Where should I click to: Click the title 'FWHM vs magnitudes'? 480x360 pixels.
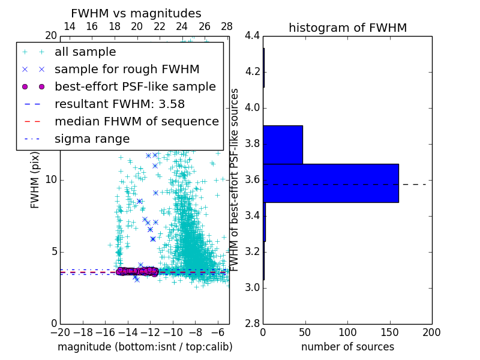pyautogui.click(x=136, y=13)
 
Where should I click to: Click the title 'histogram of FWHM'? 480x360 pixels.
pyautogui.click(x=347, y=28)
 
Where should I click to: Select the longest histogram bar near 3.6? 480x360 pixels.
pyautogui.click(x=331, y=183)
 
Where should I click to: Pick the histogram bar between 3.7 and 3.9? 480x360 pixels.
pyautogui.click(x=283, y=145)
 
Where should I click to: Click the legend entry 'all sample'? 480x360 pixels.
pyautogui.click(x=85, y=52)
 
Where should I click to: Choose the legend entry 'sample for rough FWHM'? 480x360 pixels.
pyautogui.click(x=127, y=69)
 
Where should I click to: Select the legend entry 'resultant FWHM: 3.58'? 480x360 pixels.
pyautogui.click(x=119, y=104)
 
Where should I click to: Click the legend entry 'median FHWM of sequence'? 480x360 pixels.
pyautogui.click(x=137, y=121)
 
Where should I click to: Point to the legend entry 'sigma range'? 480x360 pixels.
pyautogui.click(x=92, y=139)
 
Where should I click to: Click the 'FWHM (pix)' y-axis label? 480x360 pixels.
pyautogui.click(x=35, y=179)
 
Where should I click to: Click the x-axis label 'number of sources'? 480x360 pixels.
pyautogui.click(x=347, y=347)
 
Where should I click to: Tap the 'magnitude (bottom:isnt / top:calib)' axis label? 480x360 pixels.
pyautogui.click(x=145, y=347)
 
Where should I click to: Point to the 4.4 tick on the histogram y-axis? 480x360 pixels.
pyautogui.click(x=252, y=36)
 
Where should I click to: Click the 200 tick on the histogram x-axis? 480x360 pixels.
pyautogui.click(x=431, y=332)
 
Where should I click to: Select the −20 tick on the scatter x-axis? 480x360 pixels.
pyautogui.click(x=60, y=332)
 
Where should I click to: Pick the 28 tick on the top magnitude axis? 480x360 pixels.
pyautogui.click(x=227, y=26)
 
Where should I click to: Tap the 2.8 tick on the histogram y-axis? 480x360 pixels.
pyautogui.click(x=252, y=323)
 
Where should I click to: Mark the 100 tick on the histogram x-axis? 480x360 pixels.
pyautogui.click(x=347, y=332)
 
